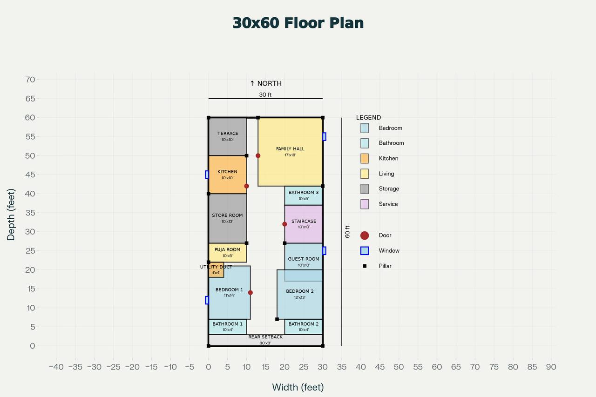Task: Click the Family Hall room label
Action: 290,149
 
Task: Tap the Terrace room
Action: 227,136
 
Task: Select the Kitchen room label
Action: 227,172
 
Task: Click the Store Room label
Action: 227,215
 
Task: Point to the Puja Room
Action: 227,252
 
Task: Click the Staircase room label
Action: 304,222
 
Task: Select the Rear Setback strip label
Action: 265,337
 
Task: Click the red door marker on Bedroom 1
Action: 251,293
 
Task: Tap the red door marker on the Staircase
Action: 284,224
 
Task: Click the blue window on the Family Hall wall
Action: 324,136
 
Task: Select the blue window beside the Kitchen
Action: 207,175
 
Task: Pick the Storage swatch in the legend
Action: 365,188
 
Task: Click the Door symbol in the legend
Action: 365,236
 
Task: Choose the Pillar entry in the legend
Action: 365,266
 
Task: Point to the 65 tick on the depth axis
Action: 30,99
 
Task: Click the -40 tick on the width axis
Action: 56,367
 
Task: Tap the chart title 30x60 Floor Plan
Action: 298,23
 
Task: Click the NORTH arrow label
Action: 265,84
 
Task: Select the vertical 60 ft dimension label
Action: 347,232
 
